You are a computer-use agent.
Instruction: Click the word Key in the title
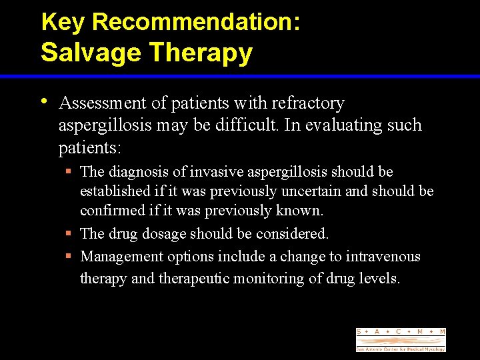coord(63,22)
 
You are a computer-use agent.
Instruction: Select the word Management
coord(122,257)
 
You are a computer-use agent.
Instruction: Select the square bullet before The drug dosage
coord(69,234)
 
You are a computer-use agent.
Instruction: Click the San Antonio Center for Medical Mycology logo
coord(400,340)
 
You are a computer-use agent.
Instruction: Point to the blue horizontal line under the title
coord(240,77)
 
